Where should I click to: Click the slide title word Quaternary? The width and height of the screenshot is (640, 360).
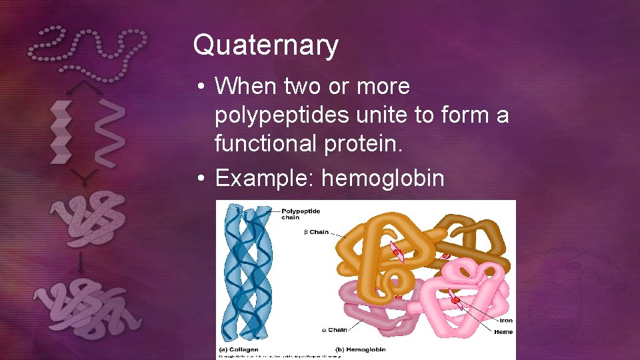[x=265, y=45]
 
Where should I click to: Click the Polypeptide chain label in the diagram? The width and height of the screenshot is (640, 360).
[x=300, y=214]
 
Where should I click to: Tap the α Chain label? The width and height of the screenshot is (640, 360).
[x=335, y=329]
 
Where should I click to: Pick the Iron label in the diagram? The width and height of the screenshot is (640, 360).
[x=506, y=321]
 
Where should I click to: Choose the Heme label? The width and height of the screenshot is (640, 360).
[x=503, y=331]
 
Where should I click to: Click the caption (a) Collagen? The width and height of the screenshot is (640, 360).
[x=239, y=349]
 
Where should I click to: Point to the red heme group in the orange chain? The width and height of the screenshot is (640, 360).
[x=397, y=252]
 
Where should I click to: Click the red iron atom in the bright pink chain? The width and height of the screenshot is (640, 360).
[x=455, y=301]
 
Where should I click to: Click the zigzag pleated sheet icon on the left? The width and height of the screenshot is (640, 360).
[x=61, y=132]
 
